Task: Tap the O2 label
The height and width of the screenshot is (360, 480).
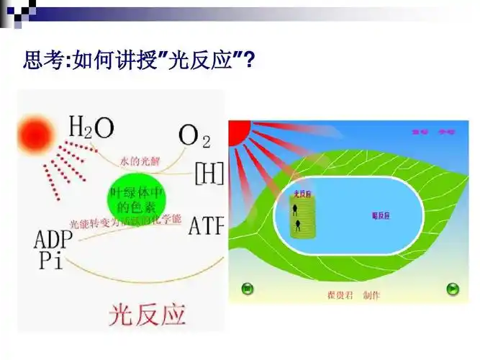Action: coord(194,135)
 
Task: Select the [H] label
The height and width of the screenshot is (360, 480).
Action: coord(209,173)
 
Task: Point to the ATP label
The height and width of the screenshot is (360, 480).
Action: coord(207,226)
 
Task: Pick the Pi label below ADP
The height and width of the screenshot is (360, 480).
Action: coord(50,261)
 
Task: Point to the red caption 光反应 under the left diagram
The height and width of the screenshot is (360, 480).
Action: coord(147,315)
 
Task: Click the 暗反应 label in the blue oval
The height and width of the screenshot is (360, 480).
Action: coord(381,216)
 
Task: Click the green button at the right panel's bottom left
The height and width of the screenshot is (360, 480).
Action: coord(247,289)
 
